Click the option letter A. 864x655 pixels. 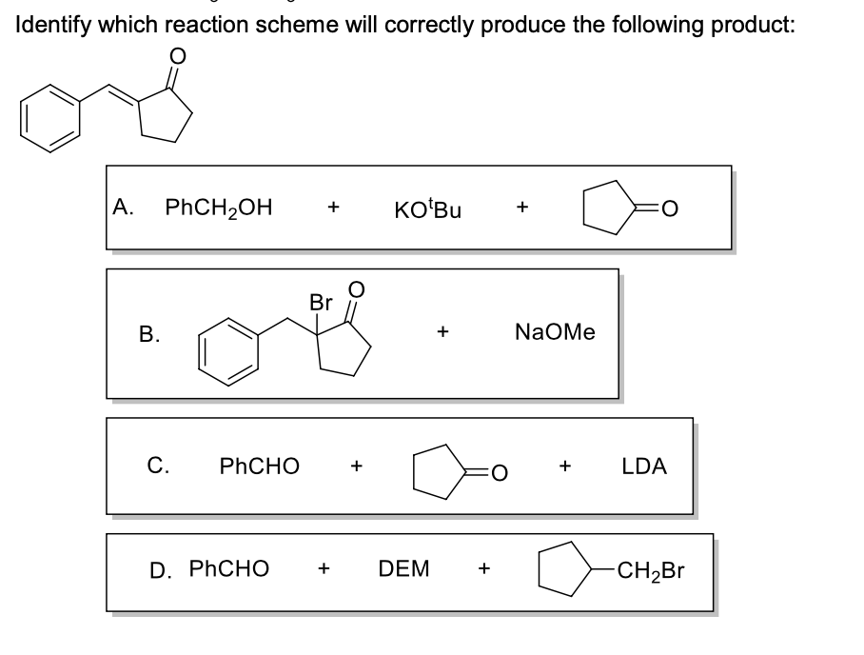(121, 207)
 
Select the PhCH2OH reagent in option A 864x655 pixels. (219, 207)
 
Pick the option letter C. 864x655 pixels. (159, 466)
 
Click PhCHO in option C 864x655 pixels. (259, 466)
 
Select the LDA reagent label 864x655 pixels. (644, 466)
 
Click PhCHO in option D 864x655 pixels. (228, 569)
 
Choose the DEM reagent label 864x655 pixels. (403, 569)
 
